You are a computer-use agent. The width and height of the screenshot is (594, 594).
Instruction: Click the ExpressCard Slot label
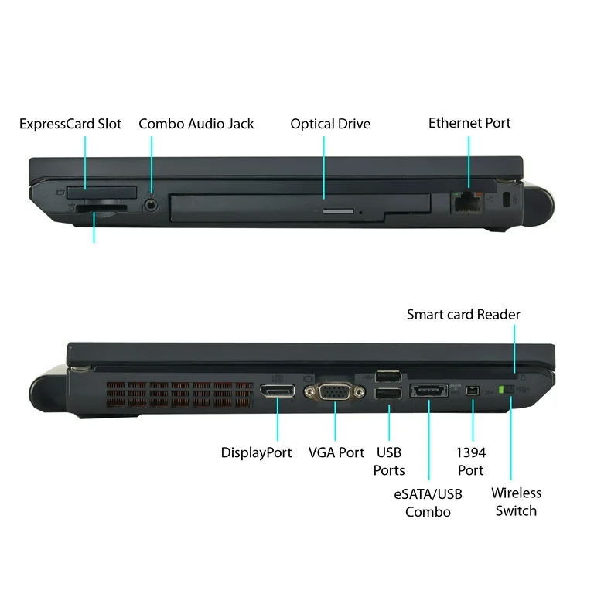70,124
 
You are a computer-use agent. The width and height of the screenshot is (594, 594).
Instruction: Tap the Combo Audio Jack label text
196,124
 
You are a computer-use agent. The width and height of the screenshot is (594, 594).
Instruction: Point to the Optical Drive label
330,124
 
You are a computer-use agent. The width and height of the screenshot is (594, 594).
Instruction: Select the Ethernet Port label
469,123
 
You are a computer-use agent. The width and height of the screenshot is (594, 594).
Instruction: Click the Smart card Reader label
463,315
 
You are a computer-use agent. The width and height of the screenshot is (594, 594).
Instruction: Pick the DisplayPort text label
257,452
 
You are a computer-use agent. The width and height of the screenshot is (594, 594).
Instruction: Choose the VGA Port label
336,452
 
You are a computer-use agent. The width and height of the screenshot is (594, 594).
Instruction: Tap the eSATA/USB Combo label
428,503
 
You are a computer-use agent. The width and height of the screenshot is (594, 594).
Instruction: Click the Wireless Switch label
517,502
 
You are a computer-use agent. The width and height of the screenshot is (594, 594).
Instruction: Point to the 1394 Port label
471,462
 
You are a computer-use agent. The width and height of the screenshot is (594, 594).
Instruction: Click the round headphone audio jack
152,205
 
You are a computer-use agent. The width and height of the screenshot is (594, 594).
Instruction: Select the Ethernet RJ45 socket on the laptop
468,203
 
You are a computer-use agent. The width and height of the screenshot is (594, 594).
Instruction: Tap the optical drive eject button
338,211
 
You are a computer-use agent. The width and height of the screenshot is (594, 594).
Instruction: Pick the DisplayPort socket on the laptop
278,391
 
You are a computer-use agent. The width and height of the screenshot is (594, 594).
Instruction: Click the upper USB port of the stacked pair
388,377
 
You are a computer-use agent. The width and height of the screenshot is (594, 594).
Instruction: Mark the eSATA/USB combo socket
428,391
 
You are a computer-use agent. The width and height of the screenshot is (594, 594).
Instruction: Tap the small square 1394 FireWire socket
473,391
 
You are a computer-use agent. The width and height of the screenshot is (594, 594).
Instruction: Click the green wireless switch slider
502,390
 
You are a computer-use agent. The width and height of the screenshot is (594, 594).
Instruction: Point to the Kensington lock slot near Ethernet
507,200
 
